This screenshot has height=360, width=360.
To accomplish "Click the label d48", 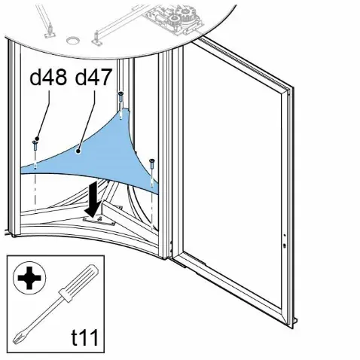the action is pos(48,77).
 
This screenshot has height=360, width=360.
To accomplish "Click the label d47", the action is pos(93,77).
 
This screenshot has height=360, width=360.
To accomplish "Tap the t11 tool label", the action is pos(84,337).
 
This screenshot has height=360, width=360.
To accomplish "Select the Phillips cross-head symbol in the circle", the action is pos(29,278).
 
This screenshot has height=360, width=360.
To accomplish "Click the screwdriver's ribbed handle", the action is pos(78,283).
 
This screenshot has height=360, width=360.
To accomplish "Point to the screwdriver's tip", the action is pos(17,339).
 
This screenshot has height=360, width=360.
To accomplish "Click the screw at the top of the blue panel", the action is pos(121,97).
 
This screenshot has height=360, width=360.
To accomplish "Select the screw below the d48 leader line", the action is pos(35,145).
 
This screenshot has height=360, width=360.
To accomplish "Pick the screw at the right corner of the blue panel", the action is pos(151,164).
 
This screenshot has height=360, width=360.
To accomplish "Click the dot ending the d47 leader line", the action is pos(78,151).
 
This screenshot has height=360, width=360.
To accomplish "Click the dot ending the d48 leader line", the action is pos(37,139).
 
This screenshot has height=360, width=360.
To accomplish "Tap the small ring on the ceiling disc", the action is pos(72,40).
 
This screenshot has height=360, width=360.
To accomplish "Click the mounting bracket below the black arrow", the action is pos(99,221).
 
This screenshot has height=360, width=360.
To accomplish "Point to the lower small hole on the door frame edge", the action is pos(284,246).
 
